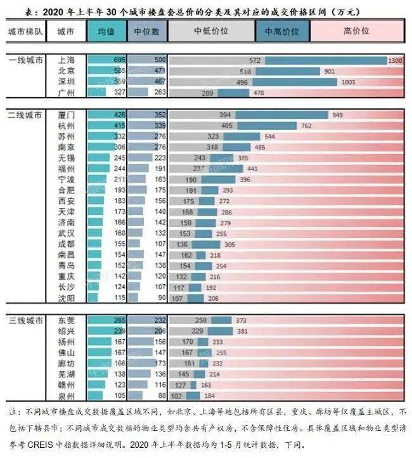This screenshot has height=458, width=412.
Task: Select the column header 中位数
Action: (x=147, y=30)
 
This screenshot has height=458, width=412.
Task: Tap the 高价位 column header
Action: (x=356, y=30)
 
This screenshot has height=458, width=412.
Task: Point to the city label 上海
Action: (x=66, y=60)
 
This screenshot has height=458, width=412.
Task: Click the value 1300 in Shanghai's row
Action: (x=395, y=60)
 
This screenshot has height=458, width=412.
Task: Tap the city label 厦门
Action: (x=66, y=115)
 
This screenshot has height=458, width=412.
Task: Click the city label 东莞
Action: (x=66, y=321)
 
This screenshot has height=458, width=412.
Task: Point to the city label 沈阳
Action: (x=66, y=298)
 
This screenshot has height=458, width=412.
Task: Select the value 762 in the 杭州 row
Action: (x=306, y=126)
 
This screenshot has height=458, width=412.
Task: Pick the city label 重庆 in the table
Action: (x=66, y=277)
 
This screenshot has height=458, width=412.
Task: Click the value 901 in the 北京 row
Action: (x=330, y=72)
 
